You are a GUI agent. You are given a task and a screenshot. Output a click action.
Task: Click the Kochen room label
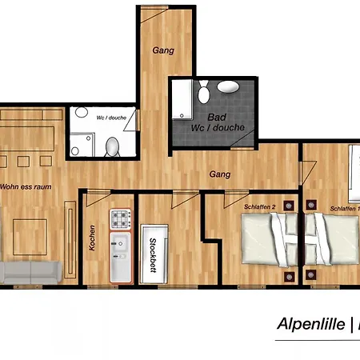click(x=92, y=238)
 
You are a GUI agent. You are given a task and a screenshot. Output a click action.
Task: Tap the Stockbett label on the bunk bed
click(x=153, y=255)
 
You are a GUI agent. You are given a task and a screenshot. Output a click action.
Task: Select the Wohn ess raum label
click(x=26, y=186)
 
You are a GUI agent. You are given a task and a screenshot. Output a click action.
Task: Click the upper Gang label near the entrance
click(x=163, y=50)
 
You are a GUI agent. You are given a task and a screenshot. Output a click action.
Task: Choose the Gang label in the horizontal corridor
click(x=220, y=174)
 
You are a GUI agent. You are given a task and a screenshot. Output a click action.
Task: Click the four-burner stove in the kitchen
click(x=121, y=219)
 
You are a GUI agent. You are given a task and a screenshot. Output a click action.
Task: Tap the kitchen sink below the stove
click(x=121, y=257)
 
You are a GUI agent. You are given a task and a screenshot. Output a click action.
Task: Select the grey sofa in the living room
click(x=31, y=273)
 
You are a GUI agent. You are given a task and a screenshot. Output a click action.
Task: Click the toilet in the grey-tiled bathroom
click(x=204, y=92)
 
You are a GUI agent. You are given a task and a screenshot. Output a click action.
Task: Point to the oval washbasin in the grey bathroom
click(x=228, y=87)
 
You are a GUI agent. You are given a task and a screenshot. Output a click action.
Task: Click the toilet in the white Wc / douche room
click(x=112, y=146)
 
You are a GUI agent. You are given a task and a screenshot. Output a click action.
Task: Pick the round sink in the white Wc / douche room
click(x=82, y=112)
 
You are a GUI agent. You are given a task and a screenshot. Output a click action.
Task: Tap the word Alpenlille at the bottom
click(x=311, y=324)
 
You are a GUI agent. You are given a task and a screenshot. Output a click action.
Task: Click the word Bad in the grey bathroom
click(x=217, y=117)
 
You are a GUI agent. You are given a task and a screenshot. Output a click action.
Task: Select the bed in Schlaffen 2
click(x=270, y=239)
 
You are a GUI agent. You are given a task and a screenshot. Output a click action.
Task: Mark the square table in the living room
click(x=30, y=237)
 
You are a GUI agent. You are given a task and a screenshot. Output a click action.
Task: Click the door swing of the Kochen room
click(x=98, y=198)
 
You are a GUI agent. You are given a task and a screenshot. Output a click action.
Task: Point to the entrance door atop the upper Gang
click(x=154, y=14)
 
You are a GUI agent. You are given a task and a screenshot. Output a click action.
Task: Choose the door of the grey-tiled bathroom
click(x=242, y=140)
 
